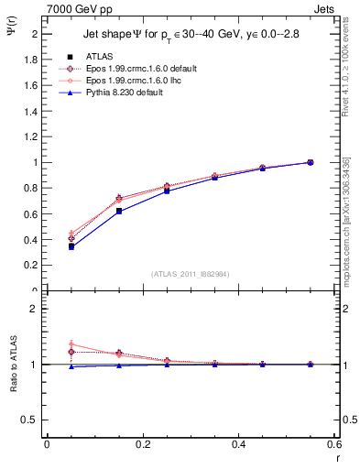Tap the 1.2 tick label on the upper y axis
(29, 136)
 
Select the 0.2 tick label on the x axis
(142, 444)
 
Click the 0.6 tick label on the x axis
(334, 444)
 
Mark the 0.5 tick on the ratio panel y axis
(29, 420)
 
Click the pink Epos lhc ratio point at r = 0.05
(71, 344)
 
